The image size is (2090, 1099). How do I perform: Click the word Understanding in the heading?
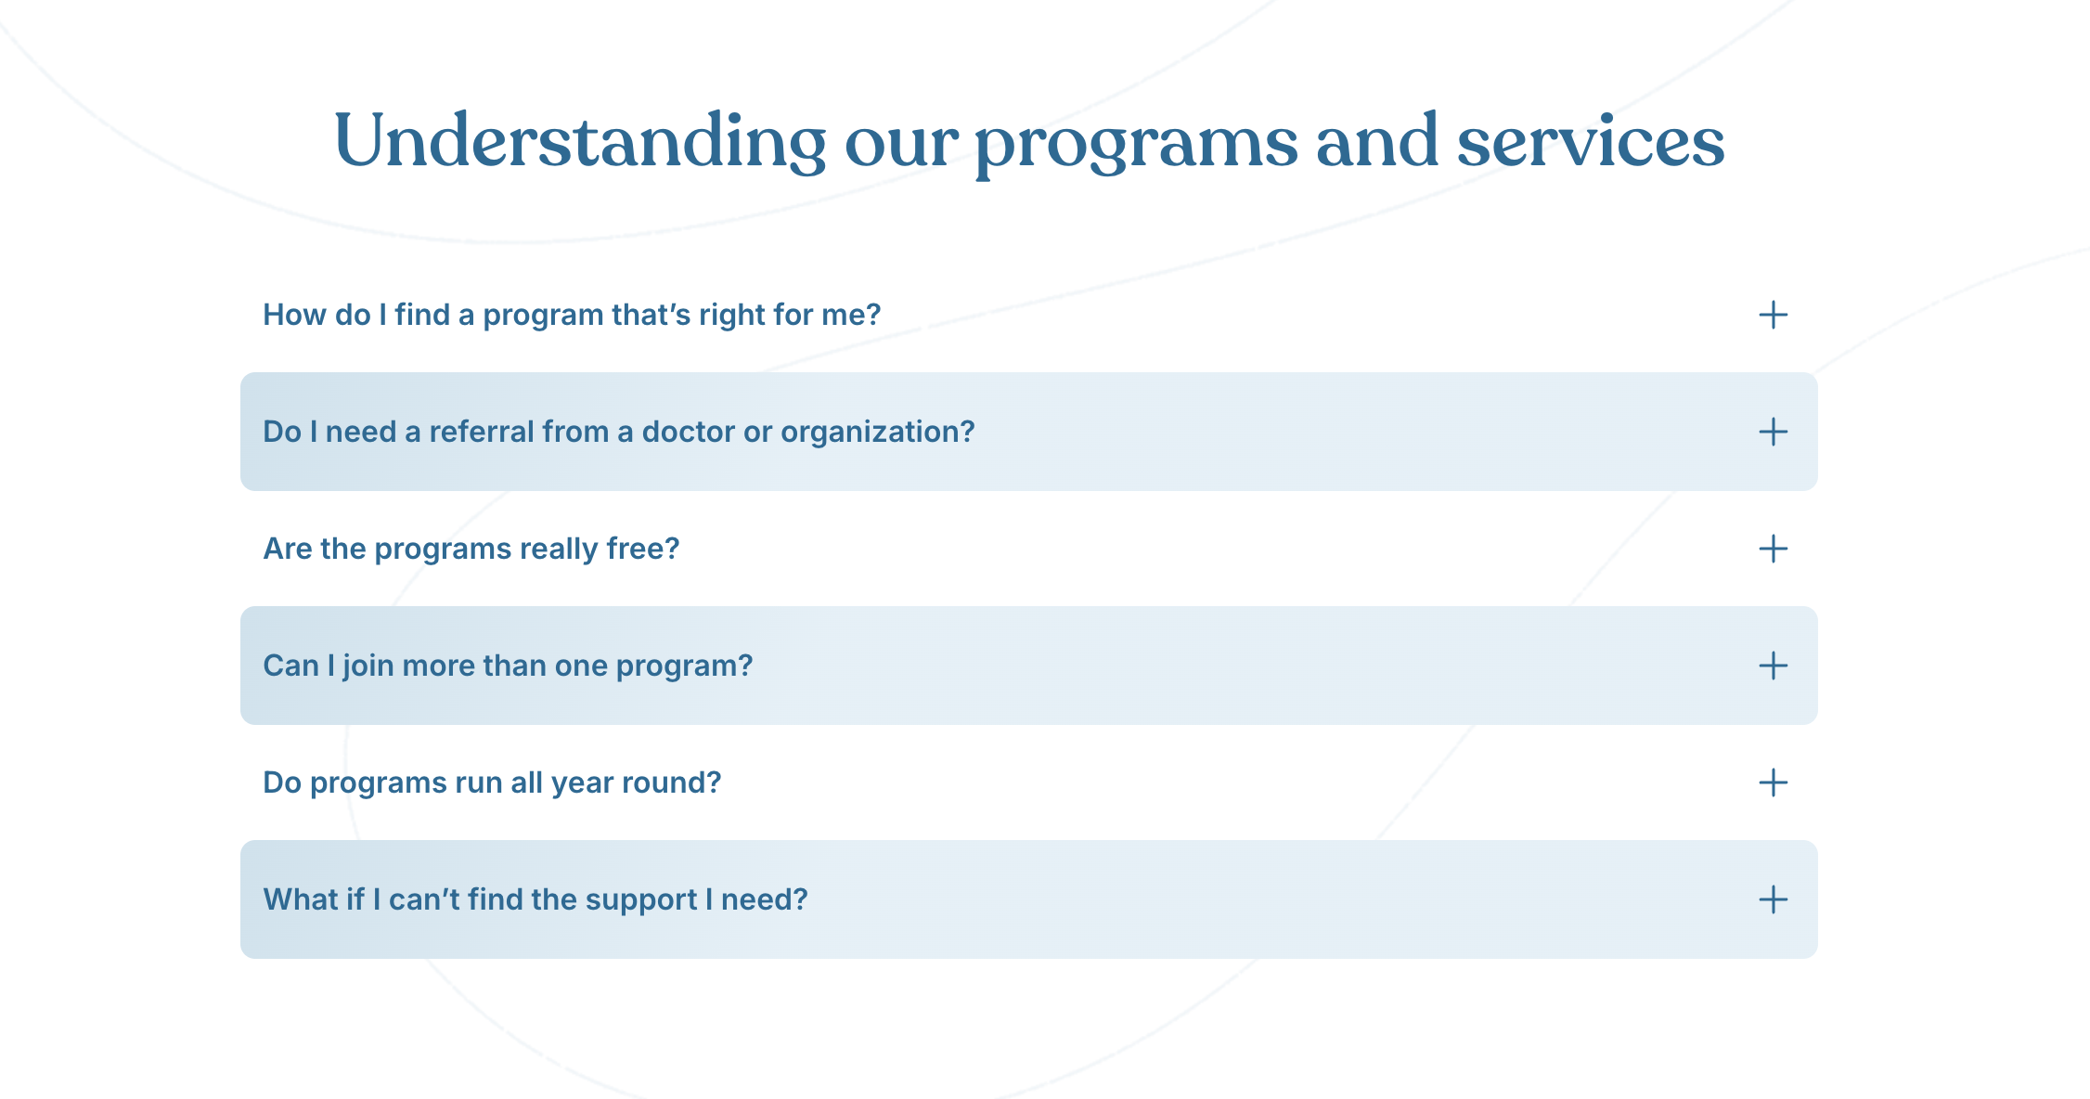tap(580, 142)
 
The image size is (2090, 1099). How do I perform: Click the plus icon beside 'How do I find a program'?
tap(1773, 315)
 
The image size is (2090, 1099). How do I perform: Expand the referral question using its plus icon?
tap(1773, 432)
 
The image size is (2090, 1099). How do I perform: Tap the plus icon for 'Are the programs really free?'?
tap(1773, 549)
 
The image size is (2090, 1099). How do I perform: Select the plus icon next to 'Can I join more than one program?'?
tap(1773, 666)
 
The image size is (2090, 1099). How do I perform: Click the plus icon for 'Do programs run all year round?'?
tap(1773, 782)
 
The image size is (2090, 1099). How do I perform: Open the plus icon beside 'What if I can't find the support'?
tap(1773, 899)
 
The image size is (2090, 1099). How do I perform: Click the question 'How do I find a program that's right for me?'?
tap(572, 316)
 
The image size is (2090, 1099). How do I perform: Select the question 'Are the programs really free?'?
tap(471, 549)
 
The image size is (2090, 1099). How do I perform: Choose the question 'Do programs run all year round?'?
tap(492, 783)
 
